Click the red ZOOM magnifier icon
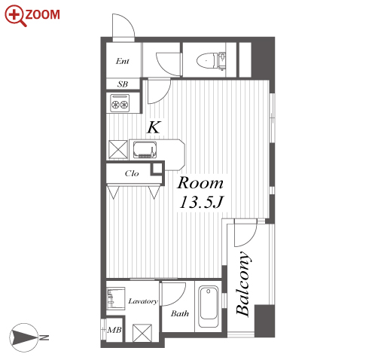pyautogui.click(x=15, y=16)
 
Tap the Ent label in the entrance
pyautogui.click(x=123, y=61)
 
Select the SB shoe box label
pyautogui.click(x=123, y=84)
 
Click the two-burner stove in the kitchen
pyautogui.click(x=120, y=103)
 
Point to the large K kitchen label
pyautogui.click(x=154, y=127)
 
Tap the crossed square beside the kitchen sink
pyautogui.click(x=118, y=149)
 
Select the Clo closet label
pyautogui.click(x=132, y=173)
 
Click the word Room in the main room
pyautogui.click(x=200, y=183)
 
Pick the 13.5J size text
pyautogui.click(x=201, y=202)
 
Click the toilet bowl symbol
pyautogui.click(x=206, y=60)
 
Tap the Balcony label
pyautogui.click(x=243, y=283)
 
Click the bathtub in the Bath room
pyautogui.click(x=209, y=307)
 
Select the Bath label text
pyautogui.click(x=180, y=313)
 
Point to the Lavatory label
pyautogui.click(x=143, y=301)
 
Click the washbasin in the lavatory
pyautogui.click(x=115, y=298)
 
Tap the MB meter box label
pyautogui.click(x=114, y=330)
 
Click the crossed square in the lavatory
pyautogui.click(x=142, y=333)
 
